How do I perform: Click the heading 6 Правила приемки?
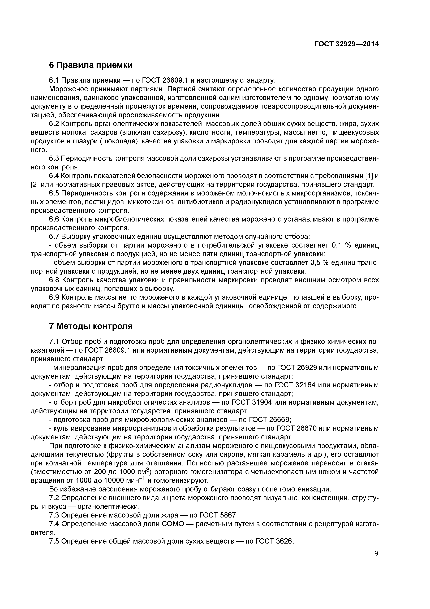91,65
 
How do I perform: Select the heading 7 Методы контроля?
91,326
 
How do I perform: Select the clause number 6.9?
55,298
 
